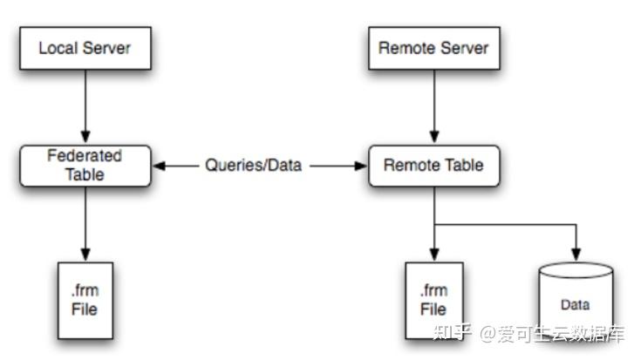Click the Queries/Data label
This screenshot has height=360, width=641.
coord(254,165)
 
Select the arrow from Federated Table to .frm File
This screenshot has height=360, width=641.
coord(84,222)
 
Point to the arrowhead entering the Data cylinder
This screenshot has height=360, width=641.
coord(574,256)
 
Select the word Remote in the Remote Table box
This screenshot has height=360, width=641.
coord(408,165)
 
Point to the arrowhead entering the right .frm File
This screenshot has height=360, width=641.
coord(433,256)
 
